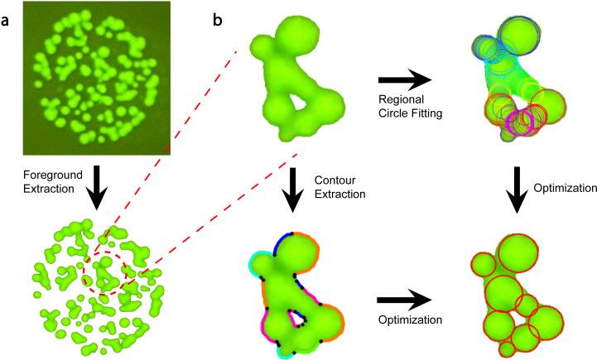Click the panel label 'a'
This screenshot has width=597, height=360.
(x=6, y=17)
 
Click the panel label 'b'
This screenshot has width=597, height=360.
(x=219, y=17)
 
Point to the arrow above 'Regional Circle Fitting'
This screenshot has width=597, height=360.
(x=406, y=80)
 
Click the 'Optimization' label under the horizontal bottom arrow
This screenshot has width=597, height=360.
(x=406, y=319)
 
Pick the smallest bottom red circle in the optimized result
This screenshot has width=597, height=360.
(x=507, y=349)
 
